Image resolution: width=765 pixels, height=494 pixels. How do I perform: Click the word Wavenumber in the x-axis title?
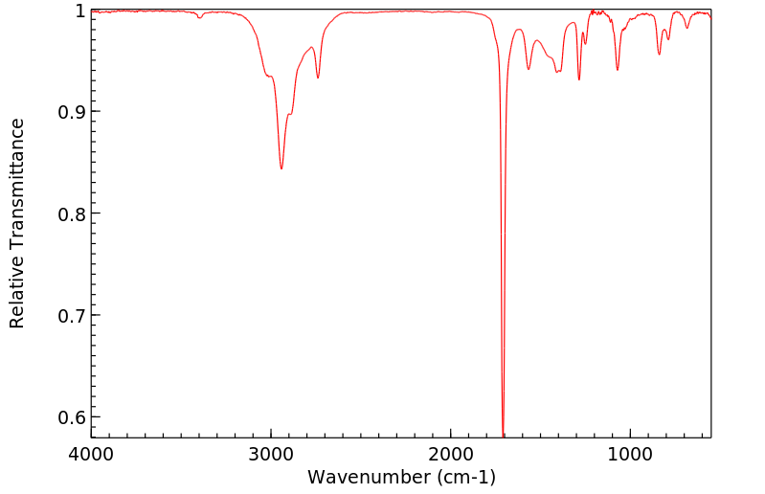[x=370, y=476]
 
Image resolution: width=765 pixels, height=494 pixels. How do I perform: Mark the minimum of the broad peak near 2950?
[x=281, y=168]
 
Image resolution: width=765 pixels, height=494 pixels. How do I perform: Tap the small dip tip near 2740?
[x=318, y=79]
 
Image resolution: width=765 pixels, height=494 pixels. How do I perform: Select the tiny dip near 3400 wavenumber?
[x=199, y=17]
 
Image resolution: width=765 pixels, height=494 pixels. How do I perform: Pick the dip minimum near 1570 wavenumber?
[x=529, y=69]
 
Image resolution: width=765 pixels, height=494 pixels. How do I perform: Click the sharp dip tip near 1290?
[x=579, y=79]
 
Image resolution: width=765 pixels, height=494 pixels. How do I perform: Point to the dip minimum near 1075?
[x=618, y=70]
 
